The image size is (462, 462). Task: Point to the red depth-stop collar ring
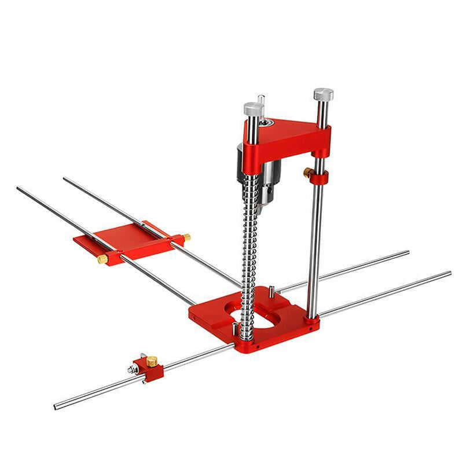[x=318, y=175]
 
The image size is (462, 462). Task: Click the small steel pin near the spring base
[x=233, y=328]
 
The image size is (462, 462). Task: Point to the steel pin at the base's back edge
[x=270, y=295]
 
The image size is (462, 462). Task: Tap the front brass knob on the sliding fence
[x=102, y=258]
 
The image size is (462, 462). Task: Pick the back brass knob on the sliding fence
[x=186, y=237]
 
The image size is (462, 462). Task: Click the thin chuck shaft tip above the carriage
[x=261, y=100]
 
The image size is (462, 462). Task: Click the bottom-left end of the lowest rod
[x=57, y=406]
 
